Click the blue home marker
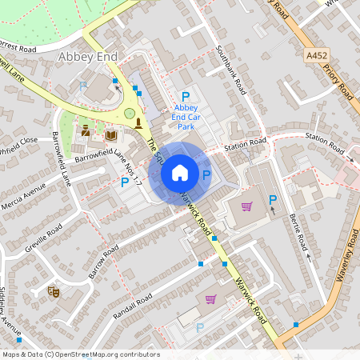pyautogui.click(x=180, y=172)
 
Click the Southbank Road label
pyautogui.click(x=231, y=70)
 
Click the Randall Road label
pyautogui.click(x=133, y=305)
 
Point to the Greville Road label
pyautogui.click(x=43, y=238)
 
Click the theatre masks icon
pyautogui.click(x=54, y=292)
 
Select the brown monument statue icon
pyautogui.click(x=139, y=122)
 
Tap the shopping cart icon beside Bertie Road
pyautogui.click(x=246, y=207)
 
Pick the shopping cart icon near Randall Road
pyautogui.click(x=210, y=299)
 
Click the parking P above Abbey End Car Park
pyautogui.click(x=186, y=97)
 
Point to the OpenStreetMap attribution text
pyautogui.click(x=80, y=354)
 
